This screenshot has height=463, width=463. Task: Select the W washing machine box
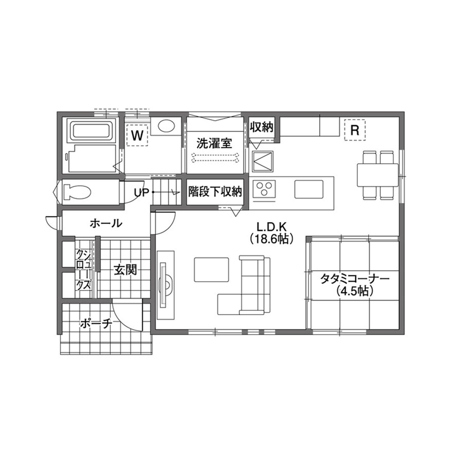pyautogui.click(x=138, y=134)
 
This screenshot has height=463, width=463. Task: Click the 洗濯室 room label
pyautogui.click(x=214, y=143)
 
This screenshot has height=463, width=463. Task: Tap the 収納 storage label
pyautogui.click(x=262, y=127)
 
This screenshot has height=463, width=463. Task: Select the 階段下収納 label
pyautogui.click(x=215, y=192)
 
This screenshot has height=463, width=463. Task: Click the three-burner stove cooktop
pyautogui.click(x=265, y=190)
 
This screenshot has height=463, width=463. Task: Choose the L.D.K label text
pyautogui.click(x=270, y=227)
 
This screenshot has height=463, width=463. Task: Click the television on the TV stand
pyautogui.click(x=164, y=285)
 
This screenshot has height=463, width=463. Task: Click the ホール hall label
pyautogui.click(x=105, y=223)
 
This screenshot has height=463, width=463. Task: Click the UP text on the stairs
pyautogui.click(x=141, y=192)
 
